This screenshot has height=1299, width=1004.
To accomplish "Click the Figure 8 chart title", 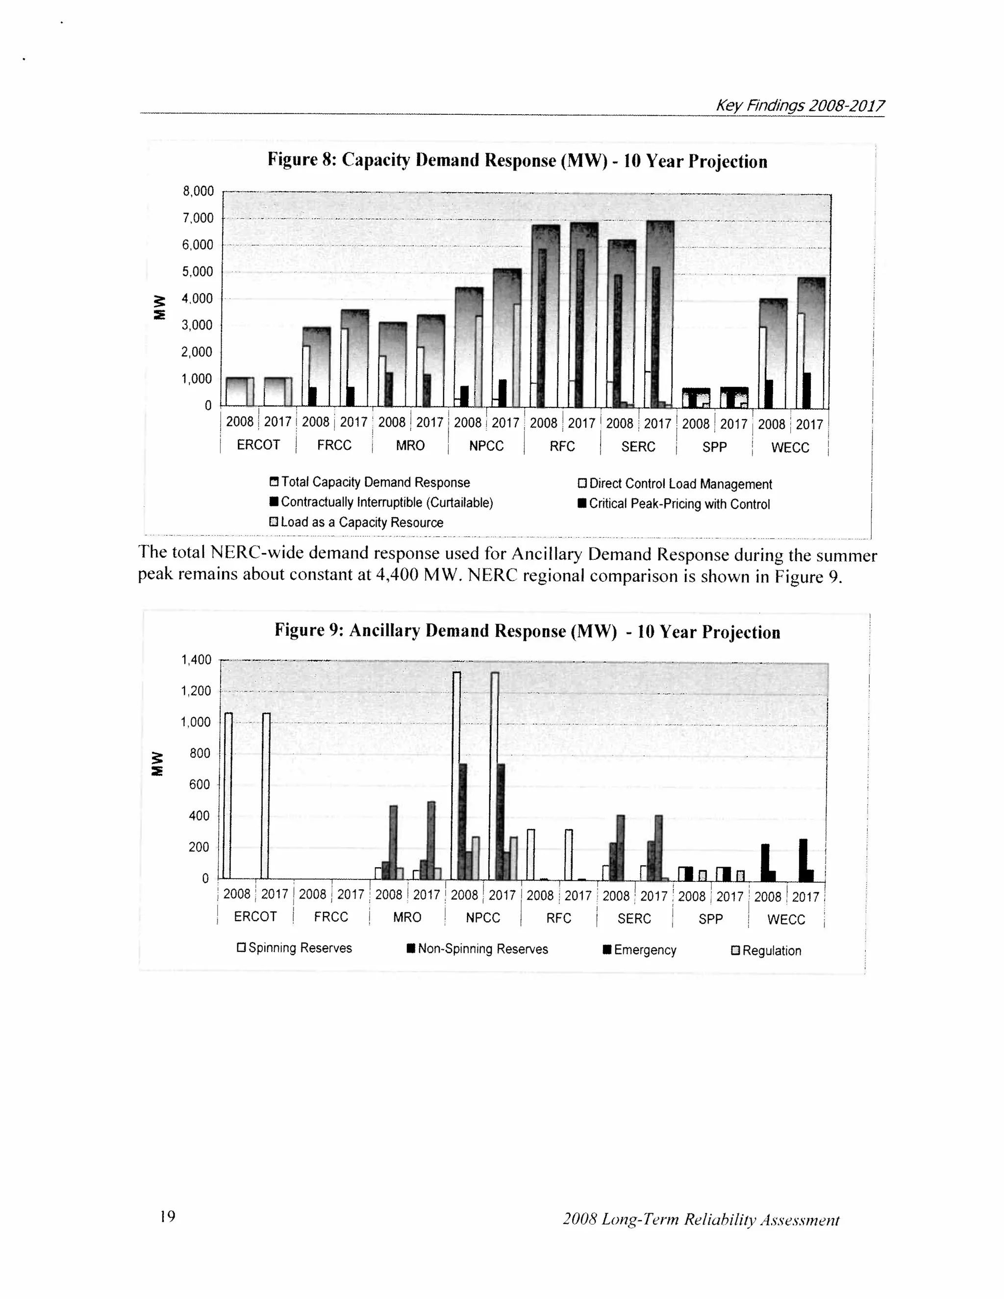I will pos(517,161).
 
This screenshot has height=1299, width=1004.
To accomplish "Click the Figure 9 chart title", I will pos(527,631).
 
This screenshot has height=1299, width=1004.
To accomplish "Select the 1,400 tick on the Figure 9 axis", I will pos(196,660).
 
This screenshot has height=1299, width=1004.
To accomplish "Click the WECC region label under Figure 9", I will pos(786,920).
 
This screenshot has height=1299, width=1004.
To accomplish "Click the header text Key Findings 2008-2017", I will pos(800,106).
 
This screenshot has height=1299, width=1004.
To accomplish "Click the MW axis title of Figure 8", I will pos(159,307).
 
